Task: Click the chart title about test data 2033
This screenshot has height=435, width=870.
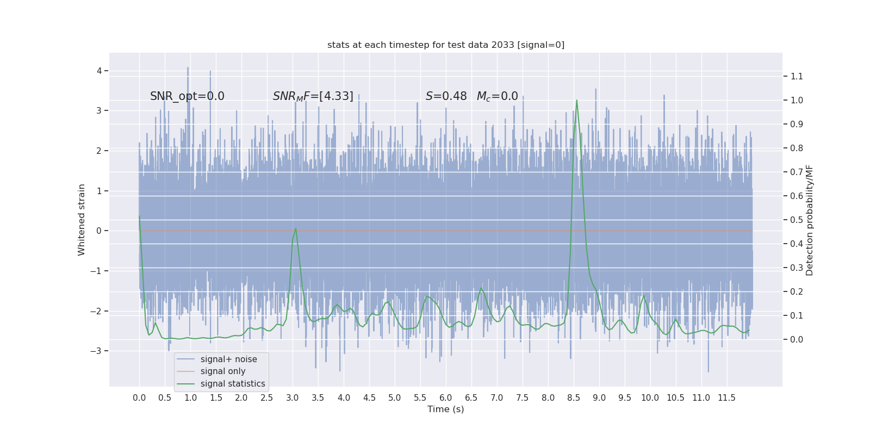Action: tap(446, 45)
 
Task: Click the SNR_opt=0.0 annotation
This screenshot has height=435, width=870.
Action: tap(187, 96)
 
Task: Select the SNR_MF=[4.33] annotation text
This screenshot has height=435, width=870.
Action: tap(313, 96)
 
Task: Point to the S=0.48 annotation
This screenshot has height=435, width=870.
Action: tap(446, 96)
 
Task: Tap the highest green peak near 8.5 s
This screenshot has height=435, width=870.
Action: tap(576, 100)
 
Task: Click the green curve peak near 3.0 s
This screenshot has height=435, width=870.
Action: tap(296, 228)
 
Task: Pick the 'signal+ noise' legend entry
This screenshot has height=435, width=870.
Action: tap(228, 359)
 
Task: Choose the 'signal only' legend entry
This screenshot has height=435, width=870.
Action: tap(223, 371)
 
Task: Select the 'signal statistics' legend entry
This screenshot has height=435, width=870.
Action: tap(233, 384)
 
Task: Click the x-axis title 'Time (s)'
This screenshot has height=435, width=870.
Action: tap(446, 409)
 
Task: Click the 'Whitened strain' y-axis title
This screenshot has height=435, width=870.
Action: tap(82, 220)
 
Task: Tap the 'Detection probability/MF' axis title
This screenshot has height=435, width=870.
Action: tap(810, 220)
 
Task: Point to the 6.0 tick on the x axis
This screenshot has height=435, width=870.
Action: tap(446, 397)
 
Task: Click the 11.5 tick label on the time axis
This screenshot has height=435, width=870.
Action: tap(726, 397)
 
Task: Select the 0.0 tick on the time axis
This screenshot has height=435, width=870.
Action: tap(139, 397)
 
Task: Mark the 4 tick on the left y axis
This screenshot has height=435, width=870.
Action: tap(99, 71)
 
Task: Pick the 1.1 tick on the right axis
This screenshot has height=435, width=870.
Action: tap(797, 76)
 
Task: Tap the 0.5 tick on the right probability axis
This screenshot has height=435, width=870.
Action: tap(797, 220)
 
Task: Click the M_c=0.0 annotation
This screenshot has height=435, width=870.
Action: tap(497, 96)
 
